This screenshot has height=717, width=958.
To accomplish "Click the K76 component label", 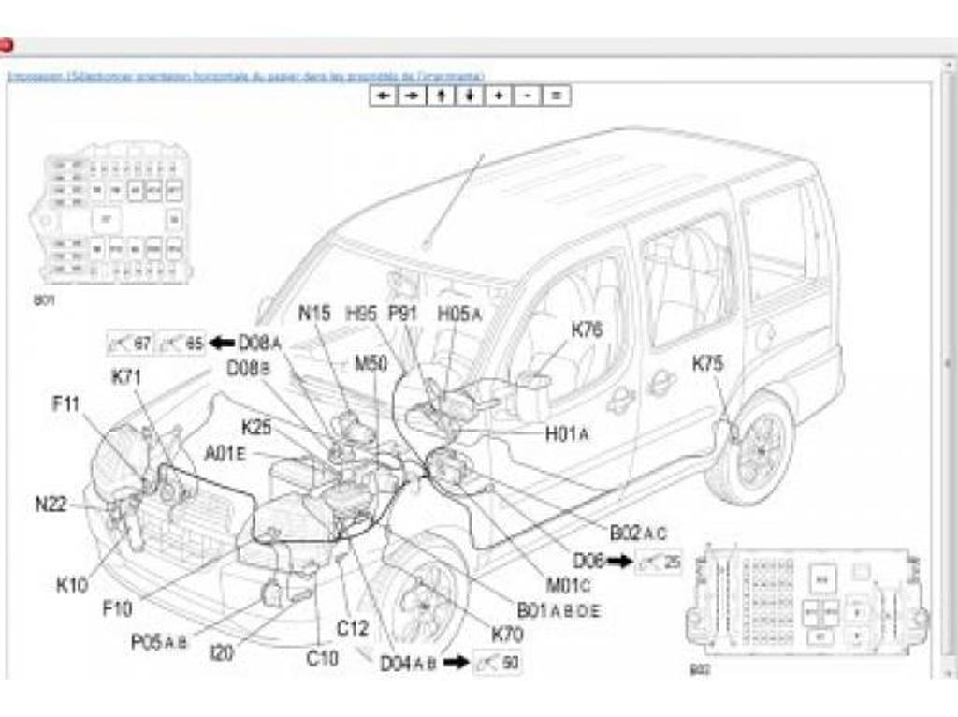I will [588, 329].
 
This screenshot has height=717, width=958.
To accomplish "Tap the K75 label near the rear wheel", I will [707, 364].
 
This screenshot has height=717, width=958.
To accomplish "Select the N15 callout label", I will [314, 315].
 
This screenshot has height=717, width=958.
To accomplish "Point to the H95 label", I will [361, 315].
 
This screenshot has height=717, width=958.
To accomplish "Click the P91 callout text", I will [404, 315].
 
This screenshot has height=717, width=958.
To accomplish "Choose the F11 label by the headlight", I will [67, 405].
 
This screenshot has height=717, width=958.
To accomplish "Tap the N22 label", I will [51, 504].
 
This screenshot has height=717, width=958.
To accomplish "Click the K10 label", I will [72, 586].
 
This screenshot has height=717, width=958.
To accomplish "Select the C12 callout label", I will [352, 628].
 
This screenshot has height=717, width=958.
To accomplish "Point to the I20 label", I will [222, 652].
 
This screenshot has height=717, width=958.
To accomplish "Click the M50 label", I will [370, 363].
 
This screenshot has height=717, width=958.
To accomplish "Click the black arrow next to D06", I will [618, 562].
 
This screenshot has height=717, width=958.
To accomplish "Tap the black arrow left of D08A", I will [222, 343].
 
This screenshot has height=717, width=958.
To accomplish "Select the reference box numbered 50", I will [497, 663].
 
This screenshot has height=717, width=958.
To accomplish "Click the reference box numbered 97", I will [130, 344].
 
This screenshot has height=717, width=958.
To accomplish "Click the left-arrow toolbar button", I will [383, 95].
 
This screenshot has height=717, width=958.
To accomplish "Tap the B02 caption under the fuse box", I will [700, 669].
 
